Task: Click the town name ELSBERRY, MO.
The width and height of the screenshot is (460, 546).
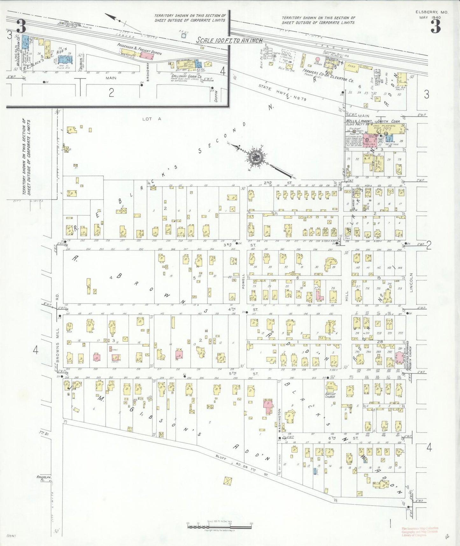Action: tap(432, 12)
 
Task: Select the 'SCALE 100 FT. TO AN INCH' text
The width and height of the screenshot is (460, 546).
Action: tap(229, 40)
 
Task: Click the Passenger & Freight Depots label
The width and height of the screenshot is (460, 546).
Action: tap(139, 49)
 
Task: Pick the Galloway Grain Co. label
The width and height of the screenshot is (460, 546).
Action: tap(187, 77)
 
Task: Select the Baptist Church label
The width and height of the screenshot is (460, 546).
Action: tap(330, 395)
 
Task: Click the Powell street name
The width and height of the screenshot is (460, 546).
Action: tap(244, 281)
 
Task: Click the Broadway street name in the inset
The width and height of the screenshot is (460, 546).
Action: tap(148, 72)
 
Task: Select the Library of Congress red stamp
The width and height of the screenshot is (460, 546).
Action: tap(420, 531)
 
